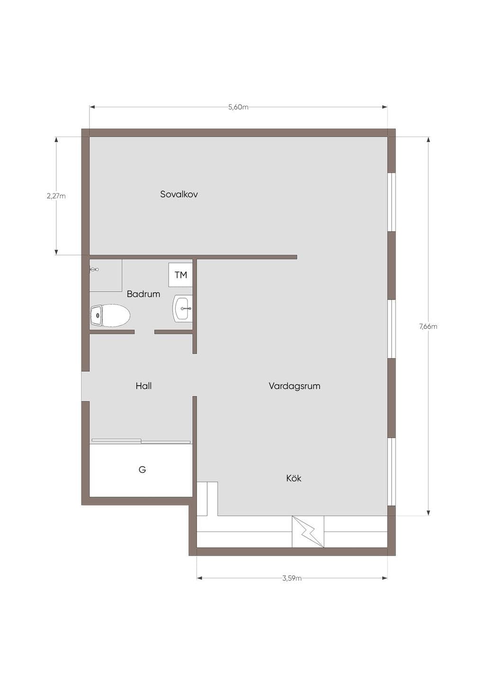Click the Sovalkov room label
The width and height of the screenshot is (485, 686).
[x=179, y=194]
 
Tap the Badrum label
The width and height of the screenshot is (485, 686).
[x=144, y=294]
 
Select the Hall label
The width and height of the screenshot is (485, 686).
[x=144, y=386]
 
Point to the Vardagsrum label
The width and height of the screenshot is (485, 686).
[x=295, y=386]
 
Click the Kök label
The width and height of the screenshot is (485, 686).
[x=294, y=478]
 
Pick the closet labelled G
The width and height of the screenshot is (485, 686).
[x=141, y=470]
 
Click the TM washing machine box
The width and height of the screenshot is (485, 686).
[x=180, y=275]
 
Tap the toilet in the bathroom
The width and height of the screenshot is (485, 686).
[x=110, y=315]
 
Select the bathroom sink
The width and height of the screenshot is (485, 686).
[x=183, y=308]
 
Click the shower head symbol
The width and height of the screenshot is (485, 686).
[x=94, y=270]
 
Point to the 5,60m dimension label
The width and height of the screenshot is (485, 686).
[x=238, y=107]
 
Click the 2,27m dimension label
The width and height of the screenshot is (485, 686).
[x=56, y=196]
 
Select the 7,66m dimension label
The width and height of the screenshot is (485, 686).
[x=428, y=326]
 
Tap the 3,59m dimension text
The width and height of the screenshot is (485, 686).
[x=292, y=578]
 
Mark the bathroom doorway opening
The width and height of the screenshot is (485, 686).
[x=144, y=332]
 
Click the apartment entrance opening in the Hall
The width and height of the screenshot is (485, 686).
[x=85, y=386]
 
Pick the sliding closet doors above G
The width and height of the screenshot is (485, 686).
[x=141, y=441]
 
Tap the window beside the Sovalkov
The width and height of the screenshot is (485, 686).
[x=392, y=202]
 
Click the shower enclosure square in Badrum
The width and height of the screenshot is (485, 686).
[x=106, y=275]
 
